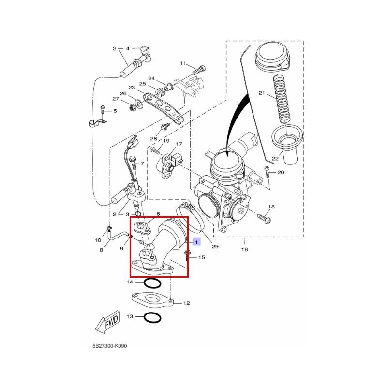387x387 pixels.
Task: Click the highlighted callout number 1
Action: tap(196, 242)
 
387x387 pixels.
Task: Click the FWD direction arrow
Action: tap(108, 322)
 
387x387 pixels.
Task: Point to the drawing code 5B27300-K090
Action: tap(110, 346)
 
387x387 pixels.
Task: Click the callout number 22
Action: tap(275, 158)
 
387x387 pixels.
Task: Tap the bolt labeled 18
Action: tap(264, 218)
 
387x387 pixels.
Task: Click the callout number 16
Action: tap(244, 249)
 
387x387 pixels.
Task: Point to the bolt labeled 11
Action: tap(198, 70)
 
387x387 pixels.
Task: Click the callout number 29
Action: tap(215, 246)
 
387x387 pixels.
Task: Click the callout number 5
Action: tap(115, 111)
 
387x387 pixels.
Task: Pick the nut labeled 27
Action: tap(132, 108)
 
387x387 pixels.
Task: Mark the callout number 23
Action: tap(132, 88)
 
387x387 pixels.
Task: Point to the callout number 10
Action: tap(98, 240)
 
